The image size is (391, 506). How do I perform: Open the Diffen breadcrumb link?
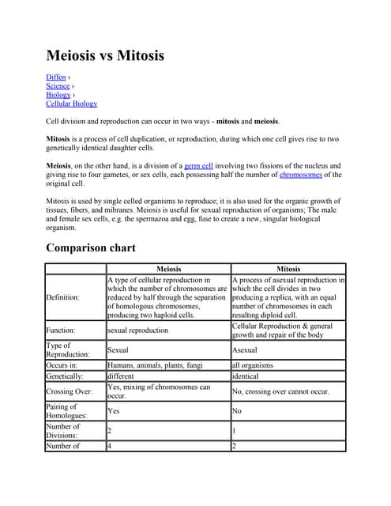click(x=55, y=77)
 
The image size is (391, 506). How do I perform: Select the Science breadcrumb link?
click(x=58, y=86)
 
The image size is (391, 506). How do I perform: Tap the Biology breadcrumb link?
click(x=58, y=95)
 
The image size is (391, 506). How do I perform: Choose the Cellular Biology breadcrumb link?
click(x=72, y=104)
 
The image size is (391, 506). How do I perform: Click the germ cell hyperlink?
click(x=198, y=166)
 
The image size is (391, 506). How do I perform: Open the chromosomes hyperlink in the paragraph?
click(x=301, y=175)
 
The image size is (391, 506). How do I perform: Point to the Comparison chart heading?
click(x=91, y=248)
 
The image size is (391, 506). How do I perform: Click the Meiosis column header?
click(x=169, y=269)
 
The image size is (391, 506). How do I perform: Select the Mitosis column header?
click(x=288, y=269)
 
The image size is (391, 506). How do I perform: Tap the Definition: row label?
click(x=63, y=297)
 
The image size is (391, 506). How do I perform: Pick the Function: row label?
click(x=62, y=330)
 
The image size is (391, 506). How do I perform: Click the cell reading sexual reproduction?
click(x=137, y=330)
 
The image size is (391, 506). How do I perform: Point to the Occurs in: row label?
click(x=64, y=365)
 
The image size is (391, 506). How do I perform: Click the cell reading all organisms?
click(x=252, y=365)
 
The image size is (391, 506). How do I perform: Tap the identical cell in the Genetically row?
click(x=246, y=376)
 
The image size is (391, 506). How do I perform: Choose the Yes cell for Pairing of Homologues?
click(x=114, y=411)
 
